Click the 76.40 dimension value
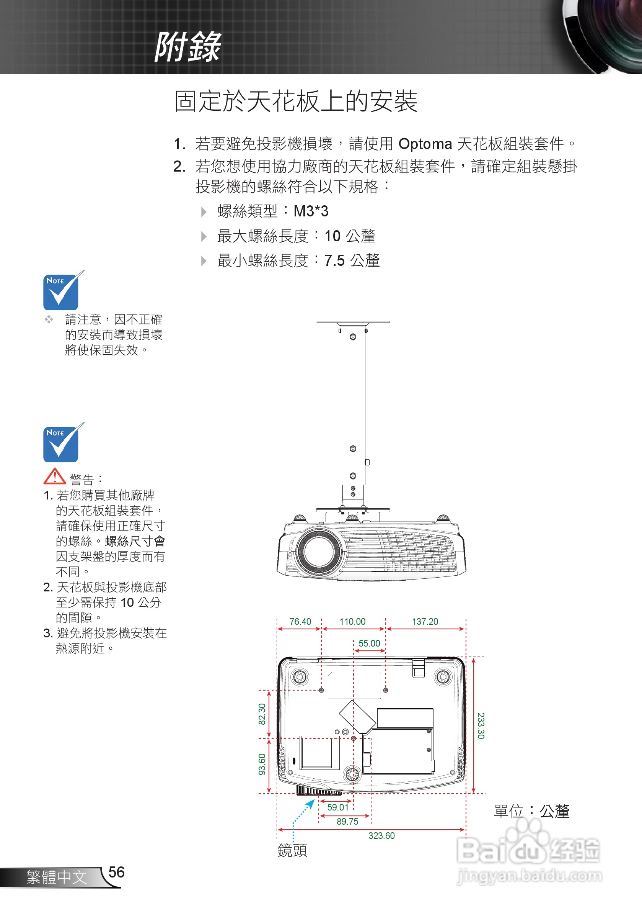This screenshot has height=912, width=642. click(x=300, y=622)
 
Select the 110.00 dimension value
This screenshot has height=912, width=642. click(x=352, y=622)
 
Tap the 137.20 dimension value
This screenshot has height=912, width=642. click(x=425, y=622)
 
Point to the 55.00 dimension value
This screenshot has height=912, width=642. click(x=369, y=643)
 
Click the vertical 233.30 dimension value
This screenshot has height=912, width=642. click(x=481, y=726)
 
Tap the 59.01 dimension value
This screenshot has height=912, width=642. click(x=338, y=807)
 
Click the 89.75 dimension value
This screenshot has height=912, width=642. click(x=347, y=822)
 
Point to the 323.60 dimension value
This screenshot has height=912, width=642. click(x=381, y=836)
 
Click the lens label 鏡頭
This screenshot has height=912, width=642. click(x=292, y=850)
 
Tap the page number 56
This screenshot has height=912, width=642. click(x=116, y=872)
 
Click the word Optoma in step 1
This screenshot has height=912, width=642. click(x=425, y=144)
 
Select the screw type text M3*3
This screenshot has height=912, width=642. click(x=311, y=211)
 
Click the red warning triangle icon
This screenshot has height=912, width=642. click(x=55, y=476)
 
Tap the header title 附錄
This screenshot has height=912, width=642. click(x=187, y=47)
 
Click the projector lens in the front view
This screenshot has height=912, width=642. click(x=319, y=551)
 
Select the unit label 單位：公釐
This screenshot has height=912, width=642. click(x=532, y=811)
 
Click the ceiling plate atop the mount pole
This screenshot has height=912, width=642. click(x=353, y=322)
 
